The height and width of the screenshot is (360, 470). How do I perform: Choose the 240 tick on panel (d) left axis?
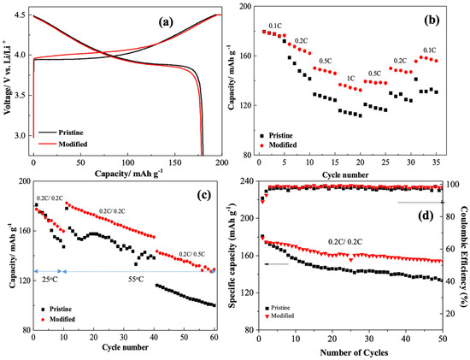245,182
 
